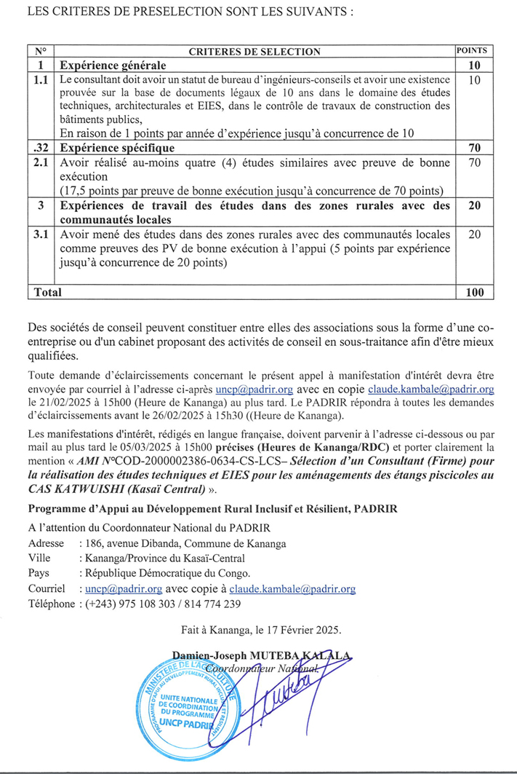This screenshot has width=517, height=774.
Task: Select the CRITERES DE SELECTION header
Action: (x=254, y=52)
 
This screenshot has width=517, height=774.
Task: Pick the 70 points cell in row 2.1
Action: (x=475, y=162)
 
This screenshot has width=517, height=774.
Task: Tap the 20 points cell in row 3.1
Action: (x=475, y=234)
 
